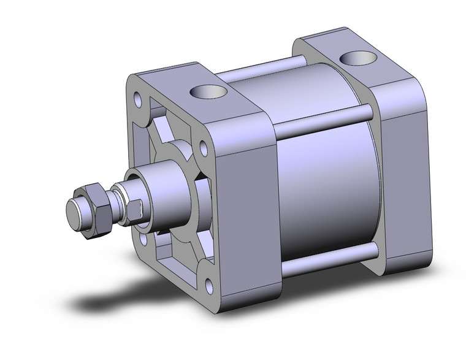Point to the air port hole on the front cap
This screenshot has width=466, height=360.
pos(208,93)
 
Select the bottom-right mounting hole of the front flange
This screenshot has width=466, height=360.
pos(211,283)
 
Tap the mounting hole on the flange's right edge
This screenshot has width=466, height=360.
pos(203,147)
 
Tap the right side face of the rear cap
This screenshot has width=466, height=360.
pos(402,172)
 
